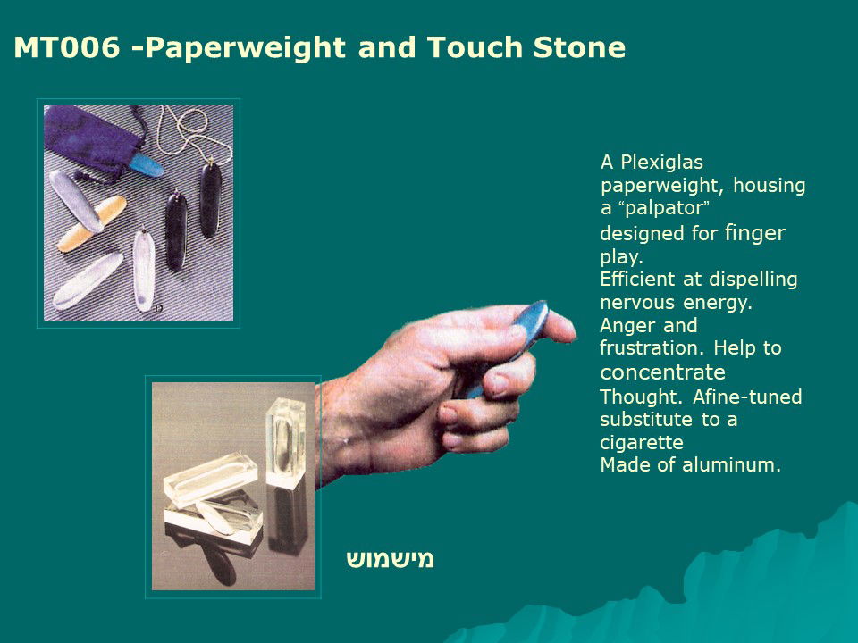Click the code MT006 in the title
click(x=67, y=47)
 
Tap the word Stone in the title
click(x=579, y=47)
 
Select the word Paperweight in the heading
click(x=246, y=48)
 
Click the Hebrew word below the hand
click(x=391, y=559)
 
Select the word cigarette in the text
click(x=642, y=442)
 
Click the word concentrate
click(x=662, y=372)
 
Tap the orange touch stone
click(x=92, y=223)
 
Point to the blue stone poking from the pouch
click(x=146, y=164)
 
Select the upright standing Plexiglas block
click(x=285, y=443)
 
